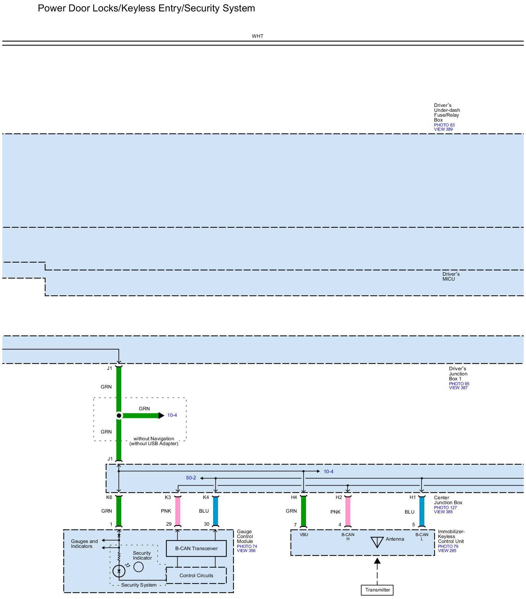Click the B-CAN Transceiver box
pyautogui.click(x=196, y=548)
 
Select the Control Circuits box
pyautogui.click(x=196, y=576)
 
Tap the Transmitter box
pyautogui.click(x=377, y=590)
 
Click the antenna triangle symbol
pyautogui.click(x=377, y=542)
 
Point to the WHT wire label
pyautogui.click(x=257, y=36)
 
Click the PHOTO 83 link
pyautogui.click(x=444, y=125)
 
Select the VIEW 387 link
pyautogui.click(x=458, y=388)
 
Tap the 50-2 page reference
pyautogui.click(x=191, y=478)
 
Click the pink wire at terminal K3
pyautogui.click(x=178, y=511)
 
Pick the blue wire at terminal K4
pyautogui.click(x=215, y=511)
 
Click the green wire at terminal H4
pyautogui.click(x=303, y=511)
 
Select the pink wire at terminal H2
pyautogui.click(x=348, y=511)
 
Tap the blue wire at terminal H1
pyautogui.click(x=422, y=511)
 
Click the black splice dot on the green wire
pyautogui.click(x=119, y=416)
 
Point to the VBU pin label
pyautogui.click(x=304, y=535)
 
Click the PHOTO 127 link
pyautogui.click(x=445, y=507)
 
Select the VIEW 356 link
pyautogui.click(x=246, y=551)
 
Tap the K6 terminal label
pyautogui.click(x=109, y=497)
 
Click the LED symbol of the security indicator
pyautogui.click(x=119, y=571)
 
